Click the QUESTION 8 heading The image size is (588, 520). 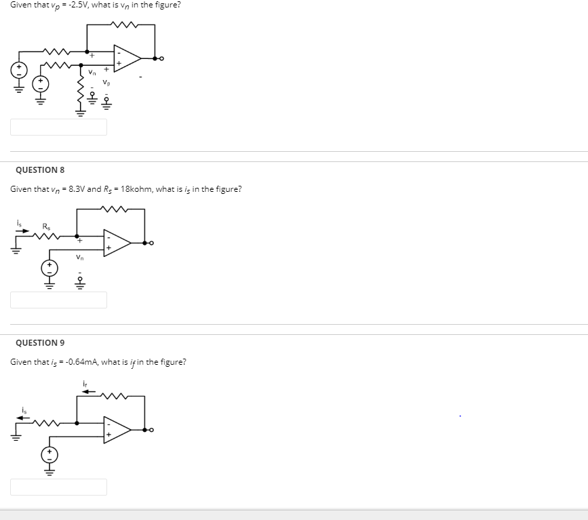coord(40,169)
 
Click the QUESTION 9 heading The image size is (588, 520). coord(40,343)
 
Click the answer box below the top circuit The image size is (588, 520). coord(58,127)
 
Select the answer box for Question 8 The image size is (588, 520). coord(58,300)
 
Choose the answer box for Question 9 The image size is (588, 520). coord(58,487)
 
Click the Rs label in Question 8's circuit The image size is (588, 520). coord(46,226)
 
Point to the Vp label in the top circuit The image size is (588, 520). coord(106,83)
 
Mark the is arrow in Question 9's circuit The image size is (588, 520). coord(24,417)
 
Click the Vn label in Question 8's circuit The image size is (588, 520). coord(79,257)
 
